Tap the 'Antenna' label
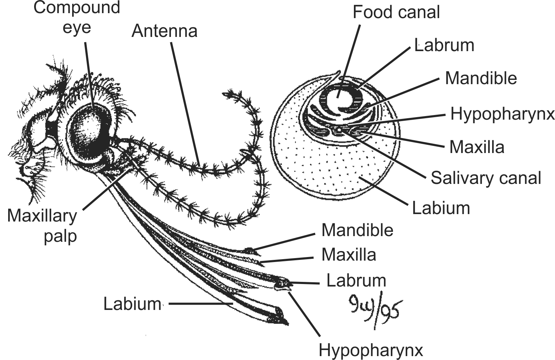click(x=164, y=31)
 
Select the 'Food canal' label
click(x=396, y=12)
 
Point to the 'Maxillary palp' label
click(x=42, y=225)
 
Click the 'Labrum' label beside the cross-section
click(x=444, y=45)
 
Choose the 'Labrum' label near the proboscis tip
click(x=356, y=280)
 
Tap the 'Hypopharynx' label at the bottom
click(x=371, y=350)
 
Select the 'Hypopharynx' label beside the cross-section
click(x=502, y=114)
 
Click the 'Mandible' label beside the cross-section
click(x=481, y=78)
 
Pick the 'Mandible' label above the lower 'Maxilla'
click(x=357, y=230)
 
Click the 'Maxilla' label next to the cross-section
click(x=476, y=147)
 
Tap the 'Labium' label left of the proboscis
click(x=132, y=304)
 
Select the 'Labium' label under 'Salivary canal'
click(x=441, y=208)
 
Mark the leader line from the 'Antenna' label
click(x=185, y=103)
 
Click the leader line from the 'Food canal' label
click(x=350, y=60)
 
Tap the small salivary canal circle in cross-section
click(x=339, y=130)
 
